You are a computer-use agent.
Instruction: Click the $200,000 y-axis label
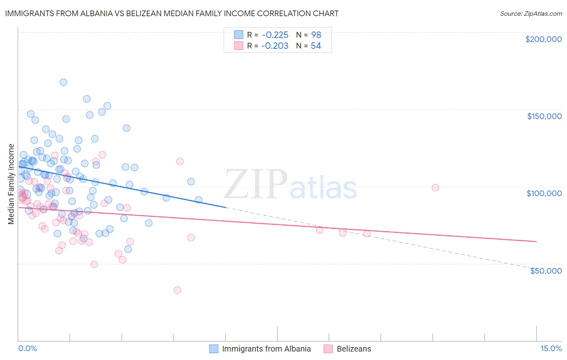[x=543, y=39]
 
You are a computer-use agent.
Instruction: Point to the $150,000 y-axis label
[x=544, y=116]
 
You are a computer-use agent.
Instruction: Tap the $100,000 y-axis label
[x=544, y=193]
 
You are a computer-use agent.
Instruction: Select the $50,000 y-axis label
[x=546, y=270]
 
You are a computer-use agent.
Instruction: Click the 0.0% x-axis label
[x=27, y=348]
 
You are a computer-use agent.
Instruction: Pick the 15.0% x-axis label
[x=551, y=348]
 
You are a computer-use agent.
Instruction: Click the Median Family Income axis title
[x=11, y=184]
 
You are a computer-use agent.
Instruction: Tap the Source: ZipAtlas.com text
[x=531, y=14]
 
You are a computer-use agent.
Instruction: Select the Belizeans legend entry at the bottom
[x=354, y=349]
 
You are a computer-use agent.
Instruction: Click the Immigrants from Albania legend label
[x=266, y=349]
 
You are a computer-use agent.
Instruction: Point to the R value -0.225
[x=275, y=35]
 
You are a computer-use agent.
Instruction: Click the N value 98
[x=316, y=35]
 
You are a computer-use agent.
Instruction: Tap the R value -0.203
[x=275, y=46]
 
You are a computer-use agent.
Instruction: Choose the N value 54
[x=316, y=46]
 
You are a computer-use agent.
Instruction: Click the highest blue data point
[x=63, y=82]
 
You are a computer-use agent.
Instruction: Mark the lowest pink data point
[x=177, y=290]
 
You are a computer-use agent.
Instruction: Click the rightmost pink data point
[x=435, y=187]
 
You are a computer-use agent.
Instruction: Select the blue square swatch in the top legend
[x=239, y=35]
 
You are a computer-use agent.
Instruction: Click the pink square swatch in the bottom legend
[x=328, y=349]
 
